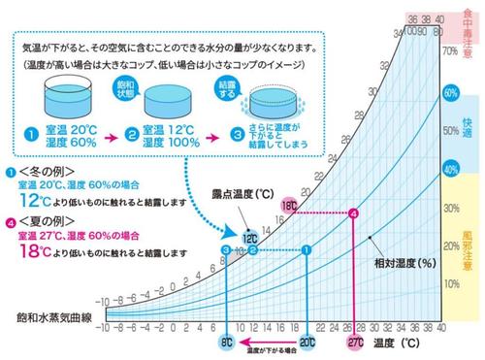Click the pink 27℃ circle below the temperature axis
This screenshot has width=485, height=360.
[x=355, y=343]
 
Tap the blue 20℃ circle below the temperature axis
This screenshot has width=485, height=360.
[x=307, y=343]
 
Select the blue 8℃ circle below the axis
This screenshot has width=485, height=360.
[x=225, y=343]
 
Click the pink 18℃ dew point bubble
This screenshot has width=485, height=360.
[x=288, y=207]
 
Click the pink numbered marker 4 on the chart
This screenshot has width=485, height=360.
[x=353, y=213]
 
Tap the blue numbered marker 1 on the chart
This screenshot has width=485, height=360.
[x=307, y=249]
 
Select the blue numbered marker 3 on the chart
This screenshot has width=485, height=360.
[x=225, y=249]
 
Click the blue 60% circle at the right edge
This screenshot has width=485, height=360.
[x=449, y=93]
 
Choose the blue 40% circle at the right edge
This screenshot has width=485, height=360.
[x=449, y=167]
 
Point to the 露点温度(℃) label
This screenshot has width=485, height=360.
[x=249, y=192]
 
